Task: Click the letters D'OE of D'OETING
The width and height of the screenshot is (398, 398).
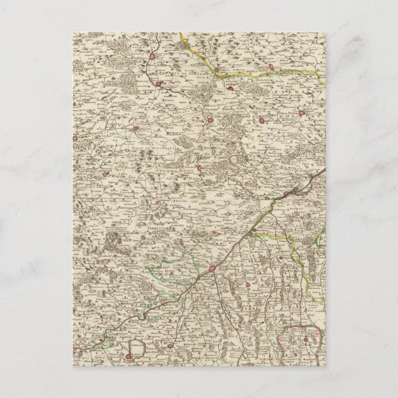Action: pos(254,117)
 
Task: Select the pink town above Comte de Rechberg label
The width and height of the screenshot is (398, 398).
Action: pos(137,129)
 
